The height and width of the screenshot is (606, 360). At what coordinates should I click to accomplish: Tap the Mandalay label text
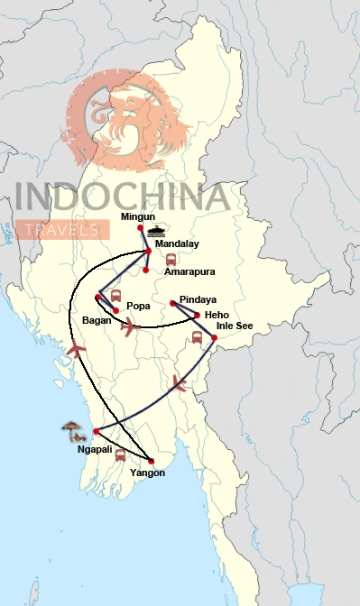click(177, 243)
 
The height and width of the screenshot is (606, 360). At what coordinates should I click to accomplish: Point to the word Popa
click(138, 306)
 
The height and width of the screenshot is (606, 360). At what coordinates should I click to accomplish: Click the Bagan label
click(96, 319)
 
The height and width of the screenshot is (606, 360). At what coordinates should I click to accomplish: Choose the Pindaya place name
click(198, 298)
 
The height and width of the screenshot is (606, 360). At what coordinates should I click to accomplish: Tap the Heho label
click(217, 314)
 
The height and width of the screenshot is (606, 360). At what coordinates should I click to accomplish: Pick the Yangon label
click(147, 472)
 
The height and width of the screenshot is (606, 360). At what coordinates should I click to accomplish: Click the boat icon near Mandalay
click(159, 230)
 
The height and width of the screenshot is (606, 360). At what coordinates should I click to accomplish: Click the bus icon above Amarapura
click(171, 259)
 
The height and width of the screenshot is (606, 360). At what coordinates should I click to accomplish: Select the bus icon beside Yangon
click(120, 455)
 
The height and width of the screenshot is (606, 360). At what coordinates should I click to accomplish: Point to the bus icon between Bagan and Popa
click(115, 296)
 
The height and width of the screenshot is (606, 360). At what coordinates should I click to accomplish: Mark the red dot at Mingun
click(141, 227)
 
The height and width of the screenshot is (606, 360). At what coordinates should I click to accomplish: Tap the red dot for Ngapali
click(95, 431)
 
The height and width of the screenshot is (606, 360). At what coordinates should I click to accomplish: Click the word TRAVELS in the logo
click(62, 231)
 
